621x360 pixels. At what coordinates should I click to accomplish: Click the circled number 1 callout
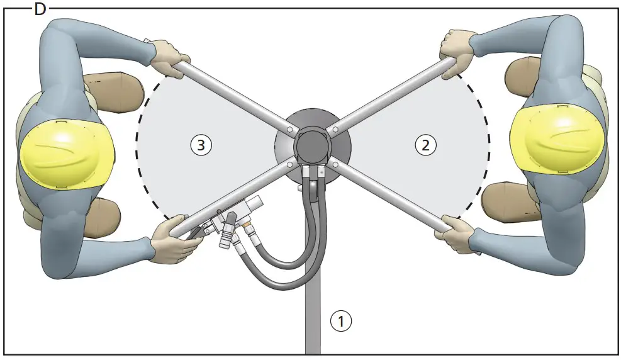pos(341,321)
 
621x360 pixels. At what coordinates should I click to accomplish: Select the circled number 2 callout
pos(425,145)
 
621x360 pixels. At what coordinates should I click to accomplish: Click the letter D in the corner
pos(40,9)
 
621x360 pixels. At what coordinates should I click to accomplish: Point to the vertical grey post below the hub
pos(313,315)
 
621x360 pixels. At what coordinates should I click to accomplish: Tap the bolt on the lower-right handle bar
pos(335,165)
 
